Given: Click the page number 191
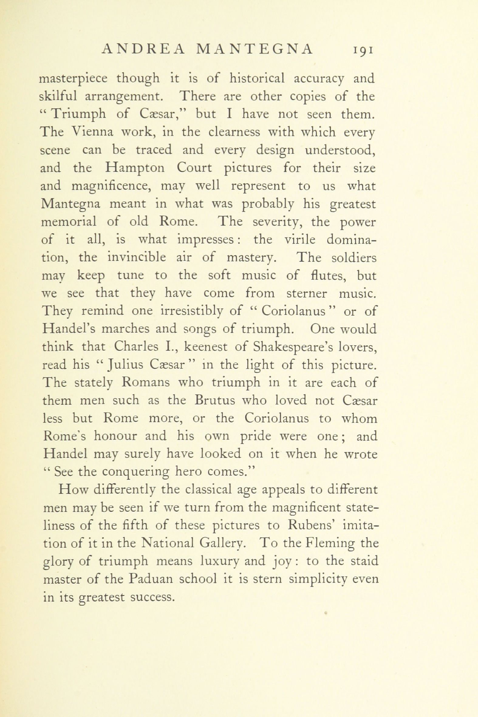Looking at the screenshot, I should (x=363, y=50).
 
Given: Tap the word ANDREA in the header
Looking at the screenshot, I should (x=143, y=49).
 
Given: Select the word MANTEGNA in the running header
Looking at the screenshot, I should (x=254, y=49).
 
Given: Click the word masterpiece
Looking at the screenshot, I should (x=73, y=79).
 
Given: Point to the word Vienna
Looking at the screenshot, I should (x=93, y=132).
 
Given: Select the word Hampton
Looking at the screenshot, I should (x=135, y=168).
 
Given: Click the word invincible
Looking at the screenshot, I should (x=137, y=257).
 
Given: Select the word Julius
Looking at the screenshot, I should (x=125, y=365).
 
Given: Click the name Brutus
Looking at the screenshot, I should (x=215, y=400).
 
